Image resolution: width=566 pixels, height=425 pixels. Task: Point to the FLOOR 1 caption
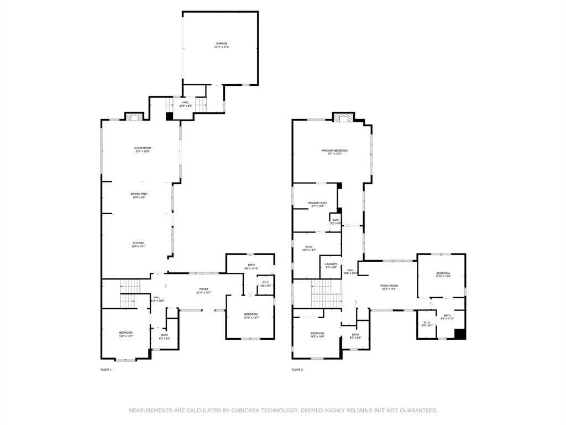point(106,370)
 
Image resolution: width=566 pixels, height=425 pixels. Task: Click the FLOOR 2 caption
point(297,370)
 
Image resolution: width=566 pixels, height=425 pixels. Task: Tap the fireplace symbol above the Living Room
point(133,117)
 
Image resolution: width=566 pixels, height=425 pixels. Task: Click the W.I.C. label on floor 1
point(266,284)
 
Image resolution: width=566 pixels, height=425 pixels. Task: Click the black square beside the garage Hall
point(169,116)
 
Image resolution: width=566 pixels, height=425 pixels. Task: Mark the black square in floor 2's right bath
point(460,333)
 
